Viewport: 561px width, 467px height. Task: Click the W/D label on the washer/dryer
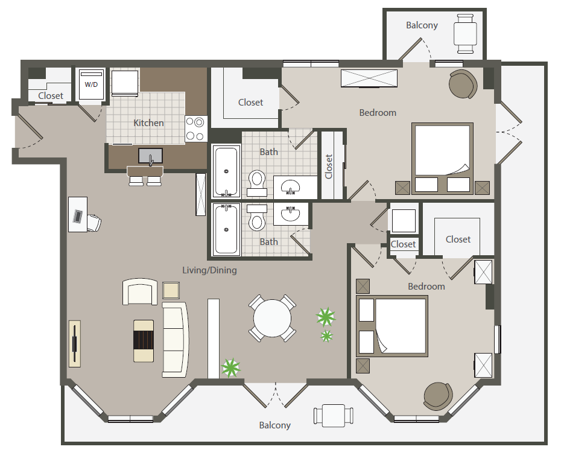click(91, 85)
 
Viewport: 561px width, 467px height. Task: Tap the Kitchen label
click(148, 122)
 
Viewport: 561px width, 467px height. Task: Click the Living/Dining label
click(210, 270)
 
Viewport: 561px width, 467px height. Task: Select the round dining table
click(272, 318)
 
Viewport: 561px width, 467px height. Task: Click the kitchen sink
click(151, 156)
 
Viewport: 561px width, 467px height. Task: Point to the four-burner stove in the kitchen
click(196, 129)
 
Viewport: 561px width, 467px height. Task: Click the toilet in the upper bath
click(257, 182)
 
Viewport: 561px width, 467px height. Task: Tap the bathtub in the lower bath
click(226, 230)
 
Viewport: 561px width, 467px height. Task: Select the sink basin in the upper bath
click(290, 186)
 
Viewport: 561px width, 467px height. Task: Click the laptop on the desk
click(78, 216)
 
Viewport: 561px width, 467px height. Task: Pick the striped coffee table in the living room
click(144, 341)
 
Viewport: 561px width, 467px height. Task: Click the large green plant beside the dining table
click(326, 317)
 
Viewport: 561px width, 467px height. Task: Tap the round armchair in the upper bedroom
click(463, 84)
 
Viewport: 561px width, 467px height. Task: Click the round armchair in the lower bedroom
click(438, 396)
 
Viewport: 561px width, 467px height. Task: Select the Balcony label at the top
click(422, 25)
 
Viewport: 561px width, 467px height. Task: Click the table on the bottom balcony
click(334, 416)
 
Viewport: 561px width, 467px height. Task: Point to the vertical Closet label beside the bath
click(329, 167)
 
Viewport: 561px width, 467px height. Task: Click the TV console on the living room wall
click(74, 344)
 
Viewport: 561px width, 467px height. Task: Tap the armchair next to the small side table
click(140, 292)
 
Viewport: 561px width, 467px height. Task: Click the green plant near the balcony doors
click(230, 368)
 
